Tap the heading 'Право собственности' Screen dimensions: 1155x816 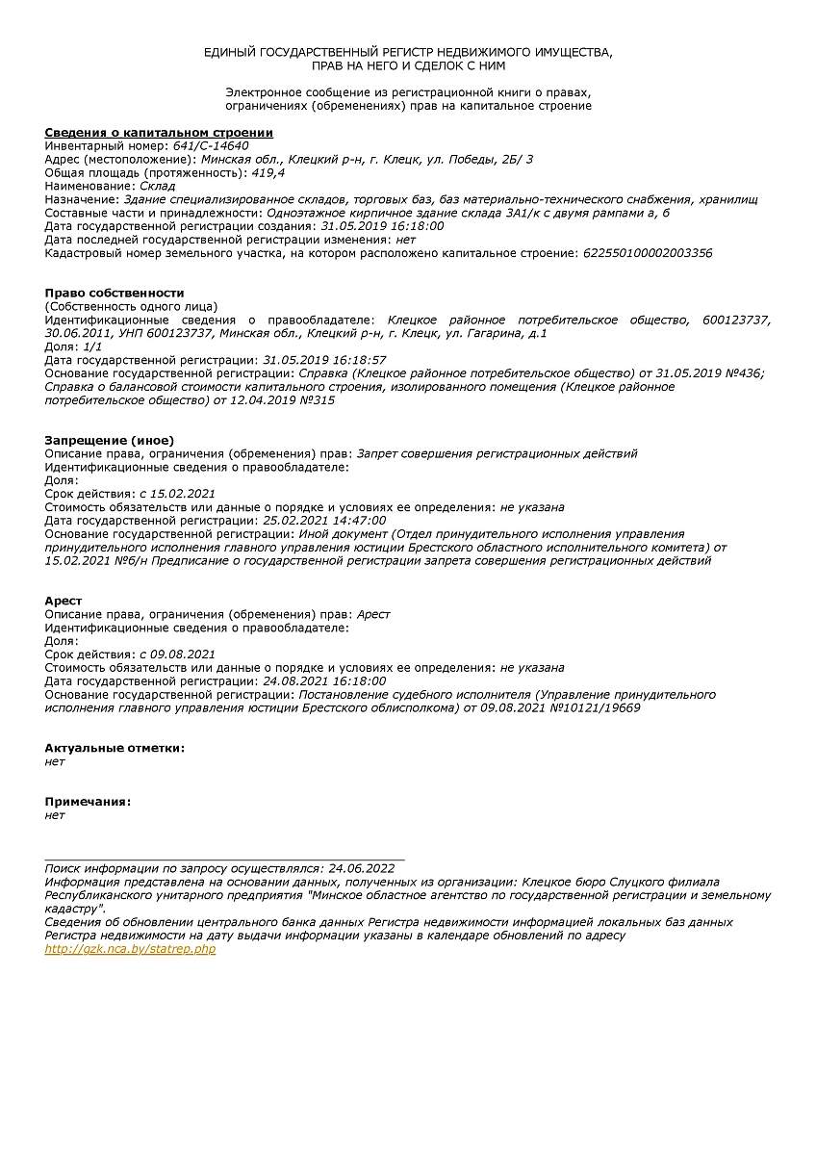114,293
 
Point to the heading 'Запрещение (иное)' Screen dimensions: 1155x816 109,440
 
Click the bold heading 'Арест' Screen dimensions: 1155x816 64,601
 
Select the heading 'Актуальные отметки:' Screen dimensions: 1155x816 115,748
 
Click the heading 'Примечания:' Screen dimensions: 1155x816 88,801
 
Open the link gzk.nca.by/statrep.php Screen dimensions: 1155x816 130,949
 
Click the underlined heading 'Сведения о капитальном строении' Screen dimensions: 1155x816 159,132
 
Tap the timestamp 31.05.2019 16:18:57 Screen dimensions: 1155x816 324,360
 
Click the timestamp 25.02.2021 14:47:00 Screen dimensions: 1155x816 324,521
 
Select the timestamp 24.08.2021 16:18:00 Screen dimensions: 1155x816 324,681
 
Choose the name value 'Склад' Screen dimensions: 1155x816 158,186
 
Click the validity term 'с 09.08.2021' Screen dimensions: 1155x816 177,654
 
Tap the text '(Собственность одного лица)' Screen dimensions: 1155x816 131,306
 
